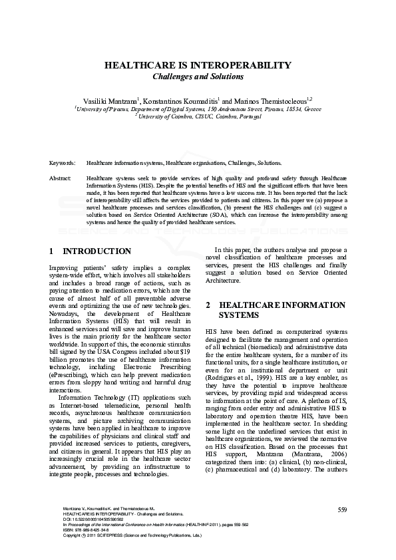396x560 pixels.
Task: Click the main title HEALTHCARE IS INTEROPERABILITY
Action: click(x=198, y=65)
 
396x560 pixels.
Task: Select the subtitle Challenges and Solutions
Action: click(x=198, y=76)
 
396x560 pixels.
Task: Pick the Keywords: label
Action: click(x=62, y=162)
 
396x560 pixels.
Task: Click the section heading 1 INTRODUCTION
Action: click(x=91, y=251)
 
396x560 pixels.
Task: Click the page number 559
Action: click(x=342, y=509)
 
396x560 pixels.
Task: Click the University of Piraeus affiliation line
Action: click(x=198, y=108)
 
